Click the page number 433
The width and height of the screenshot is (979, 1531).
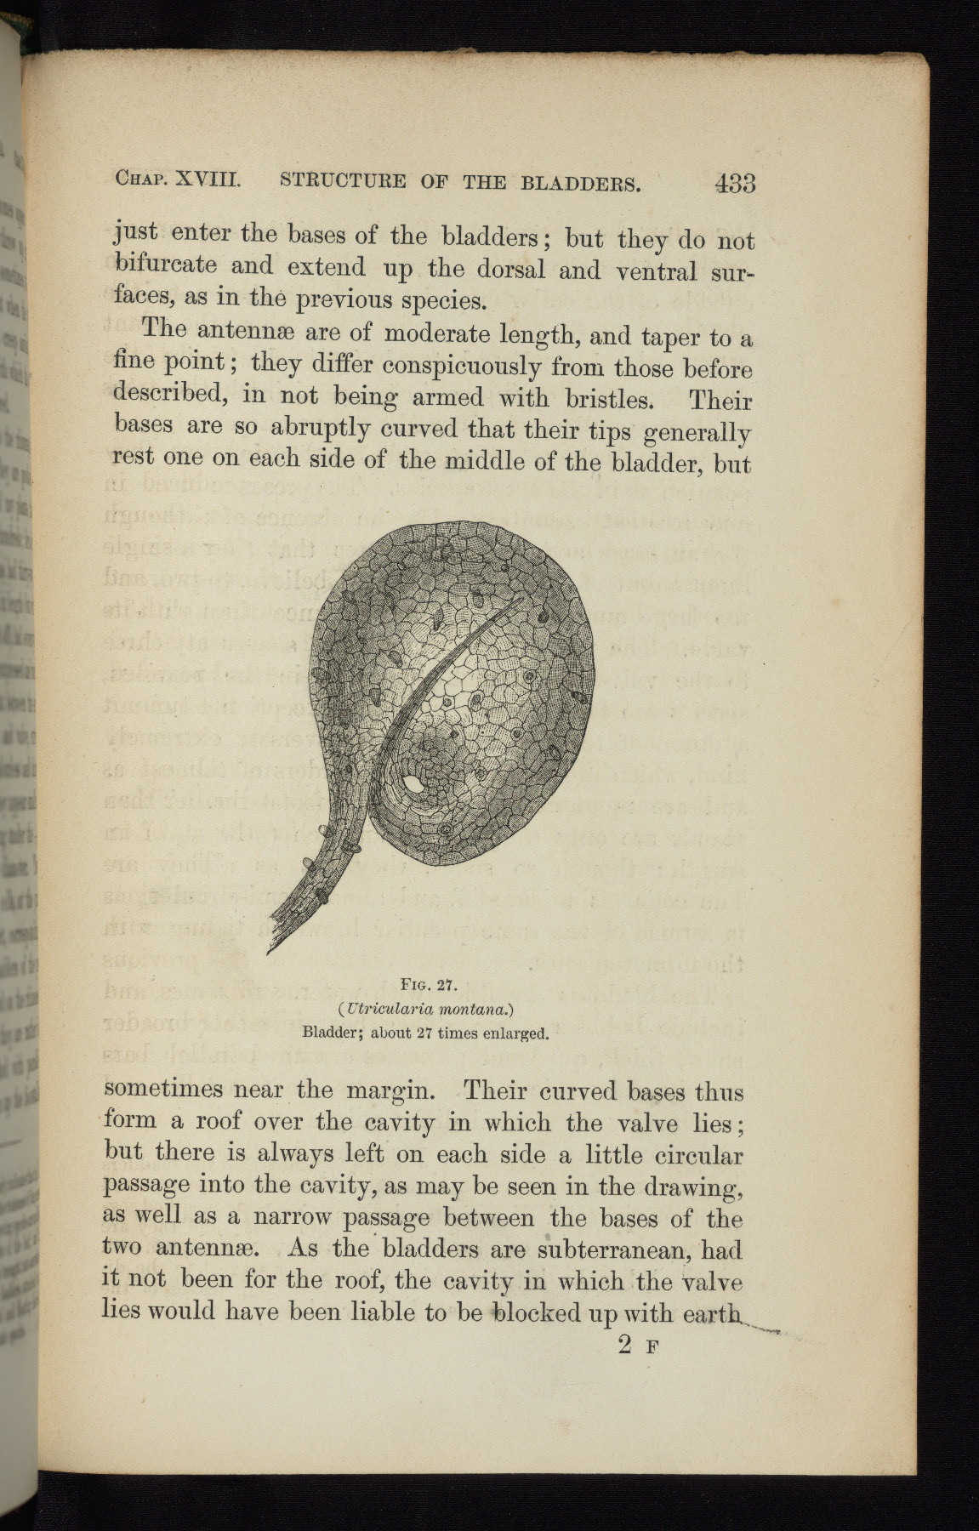[735, 183]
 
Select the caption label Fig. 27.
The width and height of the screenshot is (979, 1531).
[429, 987]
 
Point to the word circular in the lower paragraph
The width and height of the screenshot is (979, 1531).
[700, 1155]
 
